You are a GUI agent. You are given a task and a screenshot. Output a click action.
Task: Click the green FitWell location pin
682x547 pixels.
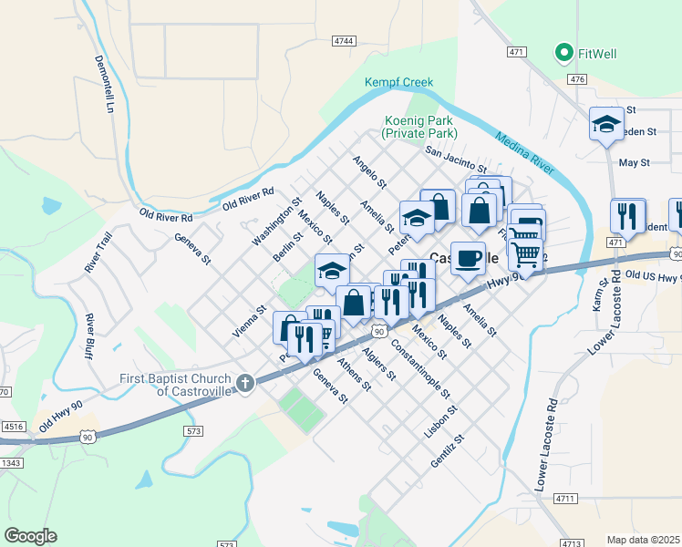click(x=563, y=53)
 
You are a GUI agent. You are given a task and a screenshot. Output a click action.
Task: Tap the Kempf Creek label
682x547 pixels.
click(x=398, y=82)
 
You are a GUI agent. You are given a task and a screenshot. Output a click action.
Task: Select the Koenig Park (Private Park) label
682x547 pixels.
click(x=425, y=126)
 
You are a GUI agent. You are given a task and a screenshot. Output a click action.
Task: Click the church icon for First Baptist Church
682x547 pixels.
click(x=244, y=385)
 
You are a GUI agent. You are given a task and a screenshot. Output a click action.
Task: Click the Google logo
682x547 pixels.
click(x=30, y=535)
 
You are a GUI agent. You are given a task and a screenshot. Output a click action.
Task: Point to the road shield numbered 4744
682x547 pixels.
click(x=344, y=41)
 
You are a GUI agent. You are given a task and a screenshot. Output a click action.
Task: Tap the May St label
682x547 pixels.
click(x=633, y=162)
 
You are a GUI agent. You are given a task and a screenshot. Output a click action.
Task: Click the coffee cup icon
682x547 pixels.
click(x=468, y=258)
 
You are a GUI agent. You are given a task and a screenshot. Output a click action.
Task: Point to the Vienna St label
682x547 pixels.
click(x=248, y=322)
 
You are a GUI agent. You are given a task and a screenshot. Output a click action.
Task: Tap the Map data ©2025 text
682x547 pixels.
click(x=643, y=540)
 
